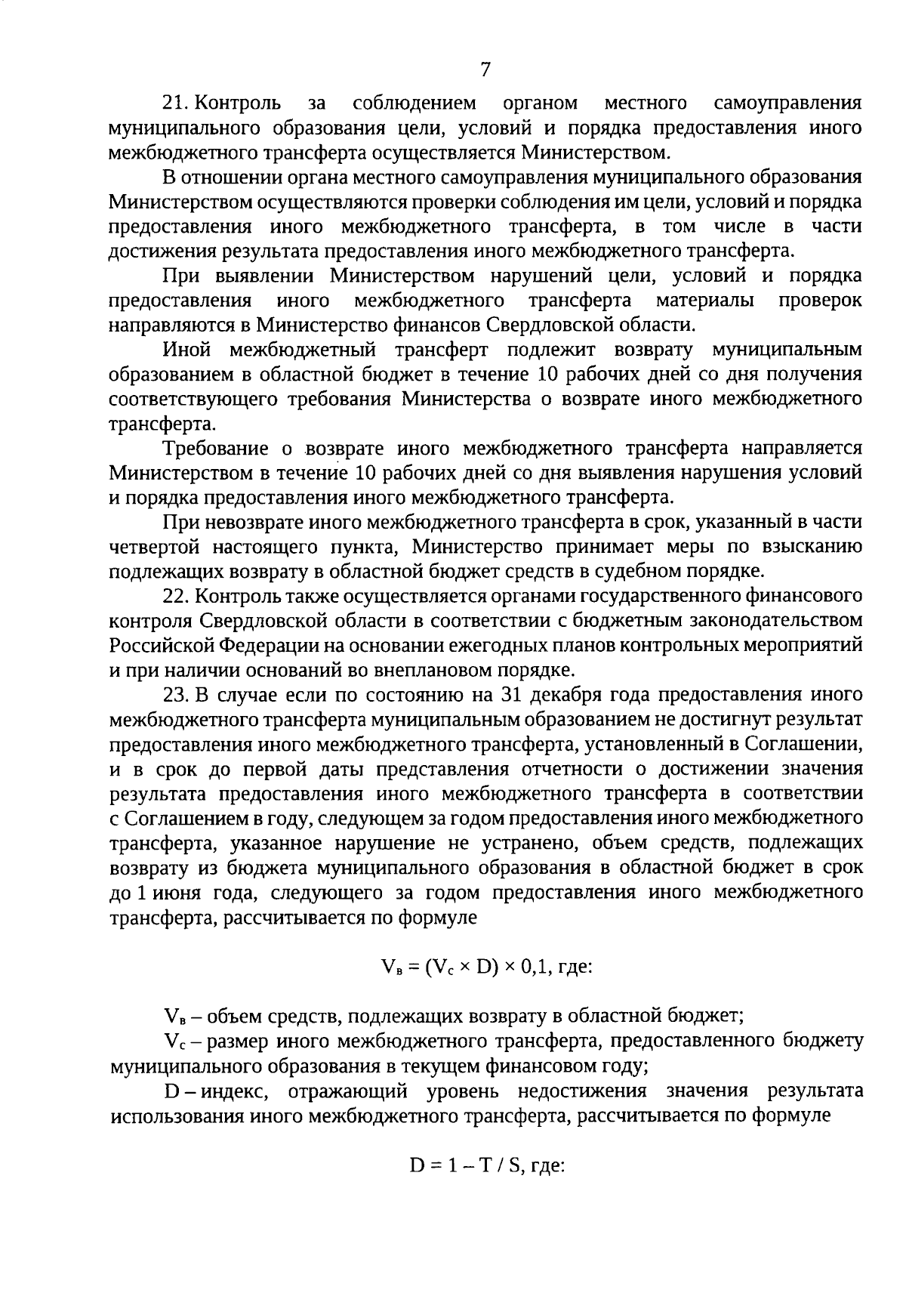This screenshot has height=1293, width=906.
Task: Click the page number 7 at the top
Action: click(x=485, y=69)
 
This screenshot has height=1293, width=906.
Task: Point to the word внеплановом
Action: click(x=413, y=670)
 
